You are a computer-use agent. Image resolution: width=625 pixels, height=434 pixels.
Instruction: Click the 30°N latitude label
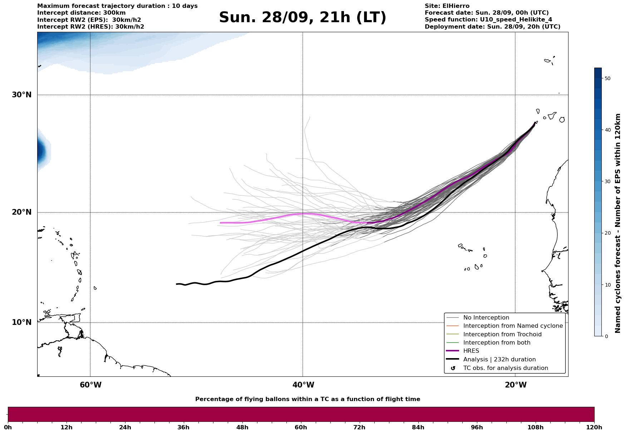[21, 95]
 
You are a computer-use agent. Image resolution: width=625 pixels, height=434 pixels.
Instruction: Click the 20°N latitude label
[21, 212]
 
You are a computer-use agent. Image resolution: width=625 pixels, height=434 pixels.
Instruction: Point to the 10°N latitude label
[21, 322]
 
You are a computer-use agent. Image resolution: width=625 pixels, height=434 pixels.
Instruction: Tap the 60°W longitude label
[90, 385]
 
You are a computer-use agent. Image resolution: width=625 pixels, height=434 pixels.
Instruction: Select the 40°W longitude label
[303, 385]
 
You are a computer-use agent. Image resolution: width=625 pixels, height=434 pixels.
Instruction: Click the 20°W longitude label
[515, 385]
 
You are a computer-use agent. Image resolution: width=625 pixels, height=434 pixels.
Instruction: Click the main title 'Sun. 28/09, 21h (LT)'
[302, 18]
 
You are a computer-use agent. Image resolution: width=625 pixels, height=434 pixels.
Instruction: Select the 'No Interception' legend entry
[486, 318]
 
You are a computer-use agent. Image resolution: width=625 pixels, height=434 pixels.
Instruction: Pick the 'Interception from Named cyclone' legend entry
[513, 326]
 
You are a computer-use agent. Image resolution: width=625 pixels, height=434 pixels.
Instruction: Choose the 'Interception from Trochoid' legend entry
[502, 335]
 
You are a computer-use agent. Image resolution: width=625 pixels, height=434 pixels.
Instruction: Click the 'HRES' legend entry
[471, 351]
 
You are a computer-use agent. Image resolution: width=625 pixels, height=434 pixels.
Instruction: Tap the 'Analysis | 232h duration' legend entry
[499, 360]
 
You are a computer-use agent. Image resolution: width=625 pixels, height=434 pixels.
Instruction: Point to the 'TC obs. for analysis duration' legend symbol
[453, 368]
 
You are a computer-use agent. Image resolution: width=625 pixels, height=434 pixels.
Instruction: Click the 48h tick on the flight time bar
[242, 428]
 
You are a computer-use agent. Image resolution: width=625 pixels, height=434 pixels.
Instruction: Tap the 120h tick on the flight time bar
[594, 428]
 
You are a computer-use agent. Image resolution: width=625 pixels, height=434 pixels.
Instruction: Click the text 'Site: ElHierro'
[447, 6]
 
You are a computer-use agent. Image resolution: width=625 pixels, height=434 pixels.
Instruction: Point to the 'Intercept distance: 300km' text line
[82, 13]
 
